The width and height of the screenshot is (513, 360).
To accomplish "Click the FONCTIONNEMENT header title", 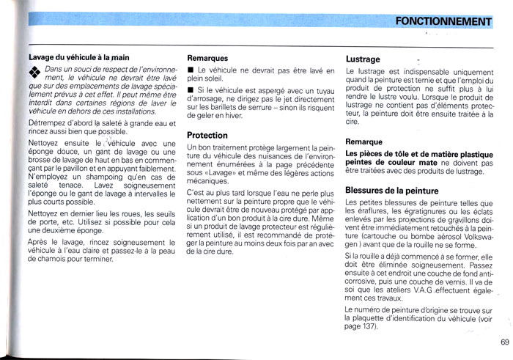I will (443, 21).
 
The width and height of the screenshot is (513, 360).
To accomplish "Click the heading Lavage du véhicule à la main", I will (78, 56).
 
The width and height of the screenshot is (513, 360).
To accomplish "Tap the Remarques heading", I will (207, 57).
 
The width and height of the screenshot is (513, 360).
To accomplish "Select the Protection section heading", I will (207, 135).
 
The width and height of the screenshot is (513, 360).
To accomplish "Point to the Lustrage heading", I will (363, 59).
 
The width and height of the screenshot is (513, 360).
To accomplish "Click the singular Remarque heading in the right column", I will (363, 141).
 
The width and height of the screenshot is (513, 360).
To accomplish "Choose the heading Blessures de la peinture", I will (391, 191).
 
